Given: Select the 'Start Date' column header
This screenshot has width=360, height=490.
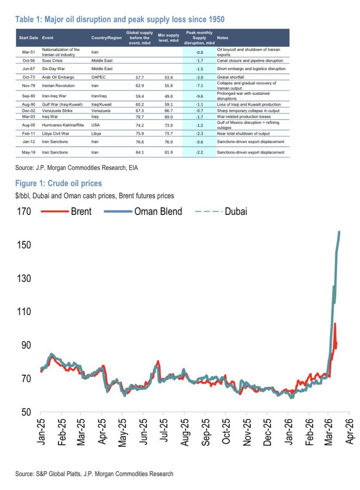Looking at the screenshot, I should coord(29,38).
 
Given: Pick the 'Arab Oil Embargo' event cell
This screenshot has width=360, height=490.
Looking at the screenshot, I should coord(58,76).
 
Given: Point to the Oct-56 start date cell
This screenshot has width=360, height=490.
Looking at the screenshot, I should coord(29,60).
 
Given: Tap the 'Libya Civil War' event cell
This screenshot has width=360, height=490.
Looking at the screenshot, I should coord(57,133).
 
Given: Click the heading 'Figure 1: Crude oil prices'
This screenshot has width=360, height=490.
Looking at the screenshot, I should coord(58,183).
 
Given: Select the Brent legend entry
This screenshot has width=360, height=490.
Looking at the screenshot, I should coord(68,211).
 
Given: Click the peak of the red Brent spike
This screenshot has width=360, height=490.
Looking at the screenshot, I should coord(335,323).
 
